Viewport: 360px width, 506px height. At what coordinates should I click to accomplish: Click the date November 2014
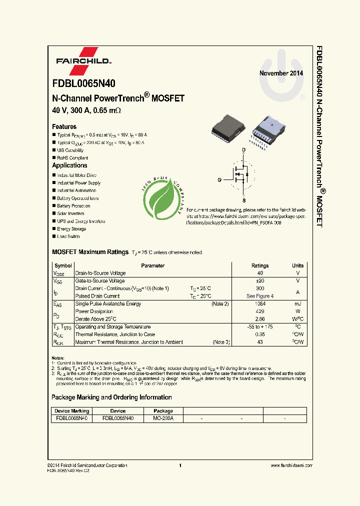coord(281,73)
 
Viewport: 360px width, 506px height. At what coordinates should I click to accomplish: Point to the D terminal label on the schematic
coord(243,150)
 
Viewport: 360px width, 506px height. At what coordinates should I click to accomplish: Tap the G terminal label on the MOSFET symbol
coord(219,179)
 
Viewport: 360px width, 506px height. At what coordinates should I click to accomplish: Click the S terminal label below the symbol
coord(243,200)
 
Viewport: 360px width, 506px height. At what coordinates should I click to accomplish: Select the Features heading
coord(64,126)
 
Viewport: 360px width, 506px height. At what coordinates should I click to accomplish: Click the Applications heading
coord(69,165)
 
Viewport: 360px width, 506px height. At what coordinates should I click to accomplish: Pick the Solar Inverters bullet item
coord(70,213)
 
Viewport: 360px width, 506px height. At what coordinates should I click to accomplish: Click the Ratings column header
coord(259,266)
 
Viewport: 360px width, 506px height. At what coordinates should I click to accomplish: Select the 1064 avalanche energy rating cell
coord(259,304)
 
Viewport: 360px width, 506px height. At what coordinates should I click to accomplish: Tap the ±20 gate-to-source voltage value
coord(259,281)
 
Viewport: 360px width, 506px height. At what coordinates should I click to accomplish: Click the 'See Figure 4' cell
coord(259,296)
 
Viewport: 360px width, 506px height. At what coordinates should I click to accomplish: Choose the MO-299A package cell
coord(163,418)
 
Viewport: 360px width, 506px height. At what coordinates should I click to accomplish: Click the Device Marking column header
coord(72,411)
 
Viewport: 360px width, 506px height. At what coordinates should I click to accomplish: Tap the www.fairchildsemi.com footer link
coord(291,465)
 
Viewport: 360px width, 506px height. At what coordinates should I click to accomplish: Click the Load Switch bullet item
coord(68,236)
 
